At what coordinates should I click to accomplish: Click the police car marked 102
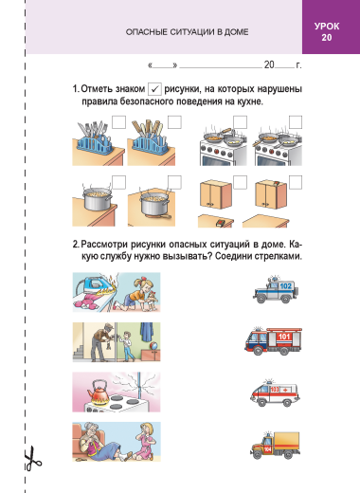276,290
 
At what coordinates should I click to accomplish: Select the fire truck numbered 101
273,340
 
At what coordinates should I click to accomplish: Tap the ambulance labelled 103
275,393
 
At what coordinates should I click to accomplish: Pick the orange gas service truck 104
275,446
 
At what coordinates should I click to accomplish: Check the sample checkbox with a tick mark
154,89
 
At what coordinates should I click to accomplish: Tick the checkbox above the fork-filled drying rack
118,122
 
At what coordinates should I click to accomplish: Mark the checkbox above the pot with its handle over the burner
174,182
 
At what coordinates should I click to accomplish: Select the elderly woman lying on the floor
101,444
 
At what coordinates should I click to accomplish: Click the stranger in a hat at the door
101,342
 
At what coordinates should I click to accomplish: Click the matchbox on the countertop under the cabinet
220,223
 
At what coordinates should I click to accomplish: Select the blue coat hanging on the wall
147,332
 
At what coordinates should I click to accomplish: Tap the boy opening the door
127,346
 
